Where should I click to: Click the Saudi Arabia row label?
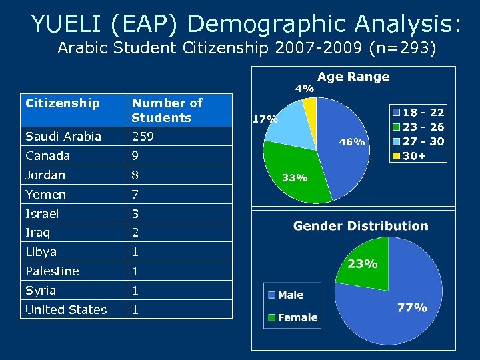tap(63, 137)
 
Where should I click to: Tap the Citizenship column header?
tap(62, 103)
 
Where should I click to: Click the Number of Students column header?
tap(167, 110)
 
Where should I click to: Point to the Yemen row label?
tap(45, 195)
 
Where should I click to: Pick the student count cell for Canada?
tap(136, 156)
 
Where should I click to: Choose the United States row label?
tap(66, 310)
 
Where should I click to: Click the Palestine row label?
tap(52, 271)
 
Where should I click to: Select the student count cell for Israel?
tap(136, 214)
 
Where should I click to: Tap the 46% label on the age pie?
tap(352, 142)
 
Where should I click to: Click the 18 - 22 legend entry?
tap(420, 113)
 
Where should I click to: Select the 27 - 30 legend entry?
tap(420, 141)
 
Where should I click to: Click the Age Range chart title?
tap(353, 77)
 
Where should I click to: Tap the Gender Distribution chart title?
tap(361, 226)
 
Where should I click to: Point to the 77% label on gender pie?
tap(412, 308)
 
